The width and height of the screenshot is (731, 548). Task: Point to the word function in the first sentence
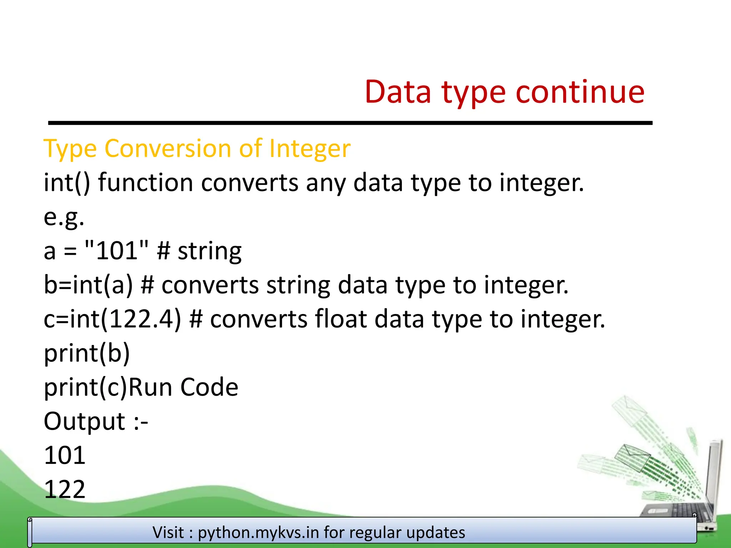coord(145,182)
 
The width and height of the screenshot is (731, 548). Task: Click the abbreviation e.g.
coord(64,217)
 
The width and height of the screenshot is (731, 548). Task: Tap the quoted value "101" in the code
coord(117,250)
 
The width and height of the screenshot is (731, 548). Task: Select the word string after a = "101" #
coord(210,251)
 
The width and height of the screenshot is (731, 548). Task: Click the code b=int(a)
coord(88,285)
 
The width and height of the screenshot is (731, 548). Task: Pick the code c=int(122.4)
coord(112,319)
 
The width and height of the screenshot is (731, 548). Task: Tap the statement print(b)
coord(87,353)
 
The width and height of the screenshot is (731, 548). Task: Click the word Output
coord(84,421)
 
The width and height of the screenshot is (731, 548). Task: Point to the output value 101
coord(65,455)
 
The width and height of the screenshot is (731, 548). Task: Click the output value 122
coord(65,489)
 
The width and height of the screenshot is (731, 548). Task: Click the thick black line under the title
coord(350,123)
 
